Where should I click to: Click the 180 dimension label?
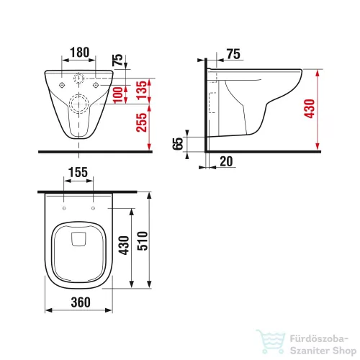coord(80,53)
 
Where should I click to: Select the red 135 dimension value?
coord(142,90)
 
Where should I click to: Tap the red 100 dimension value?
coord(118,95)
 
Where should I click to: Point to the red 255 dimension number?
coord(141,122)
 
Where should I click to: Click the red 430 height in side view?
coord(310,109)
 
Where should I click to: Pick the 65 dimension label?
coord(178,143)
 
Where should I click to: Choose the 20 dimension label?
coord(226,161)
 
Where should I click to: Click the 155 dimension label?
coord(78,172)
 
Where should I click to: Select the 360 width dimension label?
coord(81,302)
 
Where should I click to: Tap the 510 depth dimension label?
coord(143,240)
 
